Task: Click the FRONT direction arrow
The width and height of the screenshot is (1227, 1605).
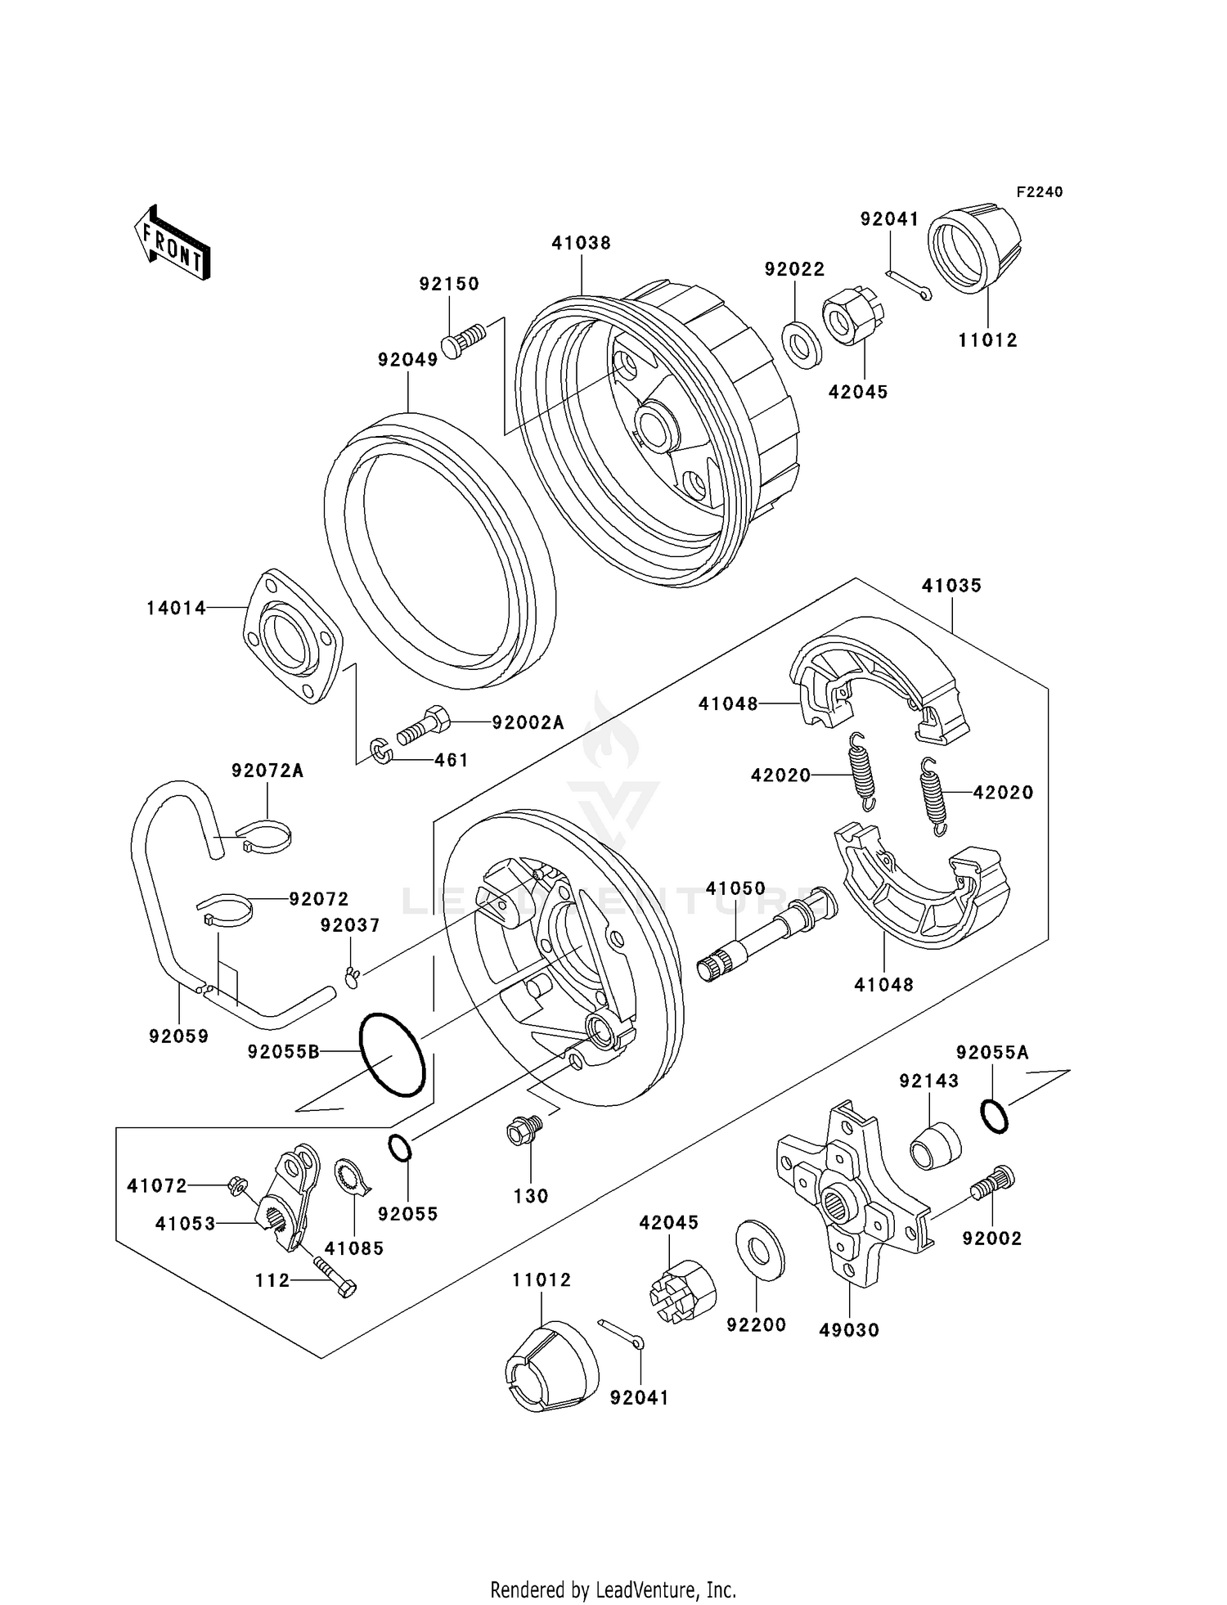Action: tap(171, 243)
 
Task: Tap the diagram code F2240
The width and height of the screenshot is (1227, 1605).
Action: tap(1039, 192)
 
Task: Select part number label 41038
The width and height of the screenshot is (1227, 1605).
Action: tap(581, 243)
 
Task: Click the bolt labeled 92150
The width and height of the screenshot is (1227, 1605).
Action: tap(464, 340)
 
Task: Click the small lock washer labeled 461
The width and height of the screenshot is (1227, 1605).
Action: tap(380, 752)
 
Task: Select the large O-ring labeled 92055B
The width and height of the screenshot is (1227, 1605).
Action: tap(392, 1055)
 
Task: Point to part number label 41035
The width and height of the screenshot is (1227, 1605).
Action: tap(951, 586)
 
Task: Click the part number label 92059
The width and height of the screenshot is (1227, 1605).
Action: tap(178, 1036)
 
